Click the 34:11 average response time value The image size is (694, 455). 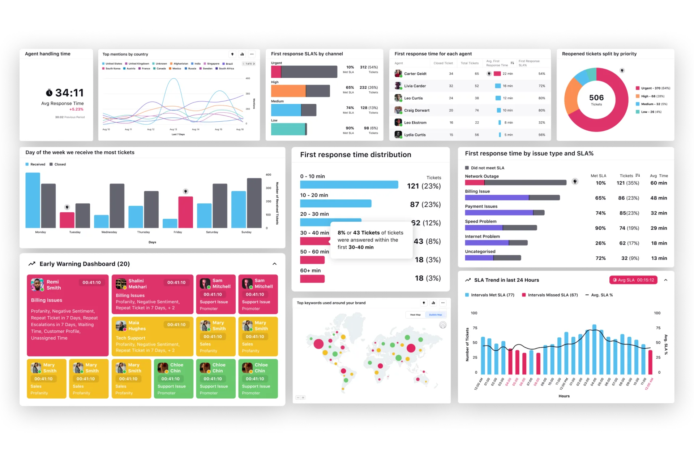(x=69, y=93)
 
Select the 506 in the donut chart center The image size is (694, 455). (x=596, y=97)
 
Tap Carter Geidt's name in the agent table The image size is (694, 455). (x=415, y=74)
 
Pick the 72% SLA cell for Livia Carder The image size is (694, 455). (x=541, y=86)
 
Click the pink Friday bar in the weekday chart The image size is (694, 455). (x=185, y=212)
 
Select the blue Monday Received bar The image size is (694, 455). (x=33, y=200)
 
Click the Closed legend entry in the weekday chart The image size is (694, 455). (x=60, y=164)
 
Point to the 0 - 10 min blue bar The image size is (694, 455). (x=349, y=185)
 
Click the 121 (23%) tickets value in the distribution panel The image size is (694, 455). (x=424, y=186)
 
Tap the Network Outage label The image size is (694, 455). (x=481, y=176)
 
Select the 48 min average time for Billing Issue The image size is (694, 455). (x=659, y=198)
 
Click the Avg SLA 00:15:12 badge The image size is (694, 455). (x=633, y=280)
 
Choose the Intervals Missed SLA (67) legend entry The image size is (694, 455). (x=552, y=295)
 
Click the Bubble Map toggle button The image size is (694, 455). (x=435, y=315)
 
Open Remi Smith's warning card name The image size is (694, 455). (x=53, y=285)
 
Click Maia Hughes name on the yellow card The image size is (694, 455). (x=137, y=325)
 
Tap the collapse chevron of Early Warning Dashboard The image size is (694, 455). (x=274, y=264)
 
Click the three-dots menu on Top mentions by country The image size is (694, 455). (x=252, y=54)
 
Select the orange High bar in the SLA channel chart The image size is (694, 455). (x=288, y=91)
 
